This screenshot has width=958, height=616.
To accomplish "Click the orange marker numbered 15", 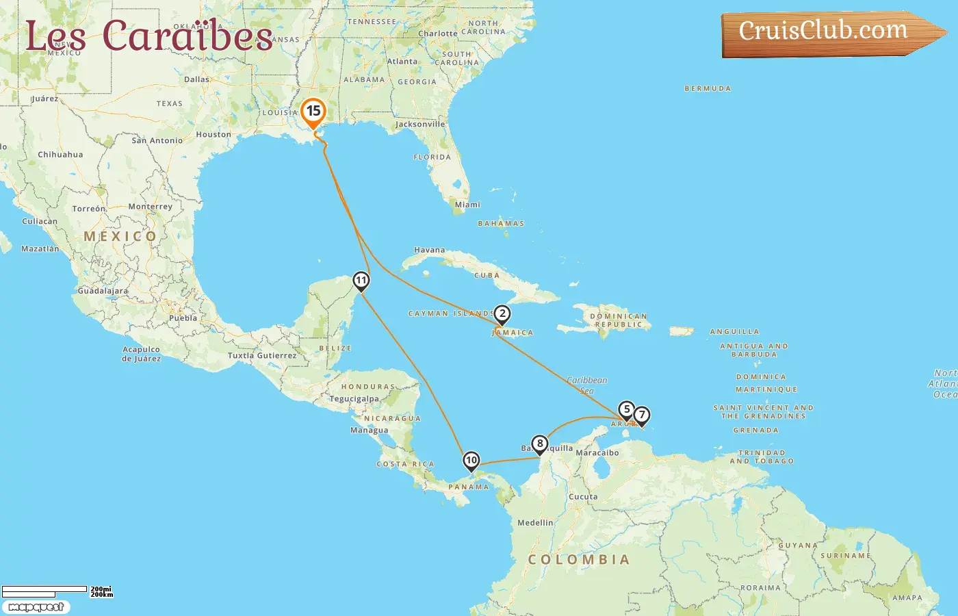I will click(x=313, y=112).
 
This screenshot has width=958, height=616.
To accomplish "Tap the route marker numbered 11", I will click(x=361, y=281).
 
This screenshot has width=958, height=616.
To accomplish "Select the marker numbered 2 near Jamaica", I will click(x=502, y=314).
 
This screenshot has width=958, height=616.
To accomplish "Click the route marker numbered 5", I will click(x=626, y=410).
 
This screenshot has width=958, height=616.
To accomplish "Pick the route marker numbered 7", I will click(x=641, y=415).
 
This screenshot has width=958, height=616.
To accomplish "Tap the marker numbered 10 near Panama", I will click(x=471, y=461).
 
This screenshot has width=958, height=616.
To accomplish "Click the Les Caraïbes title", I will click(x=149, y=36).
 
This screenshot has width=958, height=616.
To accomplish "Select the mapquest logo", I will click(x=36, y=607).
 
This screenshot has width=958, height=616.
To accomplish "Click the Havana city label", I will click(x=429, y=250).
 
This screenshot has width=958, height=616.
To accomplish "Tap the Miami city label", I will click(x=467, y=205).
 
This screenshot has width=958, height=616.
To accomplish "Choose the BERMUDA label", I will click(x=708, y=89).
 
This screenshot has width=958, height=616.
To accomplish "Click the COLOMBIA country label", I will click(x=578, y=560).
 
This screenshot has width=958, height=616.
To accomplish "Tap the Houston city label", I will click(x=213, y=135).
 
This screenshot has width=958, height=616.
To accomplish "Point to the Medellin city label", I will click(x=535, y=523).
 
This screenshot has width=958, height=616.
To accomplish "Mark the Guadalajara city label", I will click(x=103, y=291).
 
